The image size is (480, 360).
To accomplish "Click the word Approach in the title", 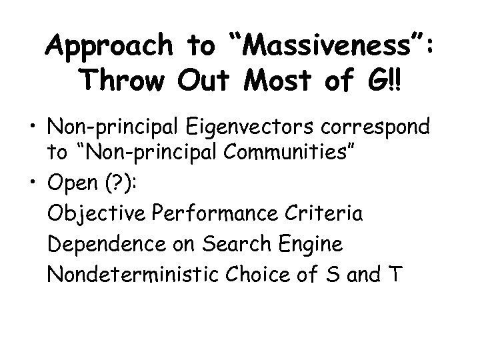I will (x=109, y=47).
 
